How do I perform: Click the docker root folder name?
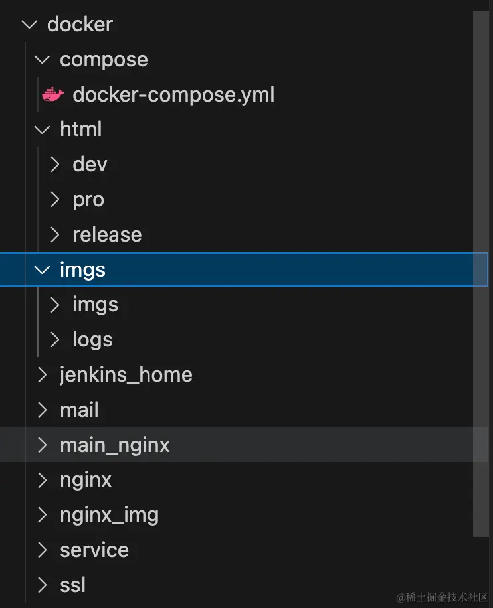point(80,25)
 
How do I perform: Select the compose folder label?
point(104,60)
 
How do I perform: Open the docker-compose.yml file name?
point(173,95)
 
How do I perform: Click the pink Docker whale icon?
point(53,95)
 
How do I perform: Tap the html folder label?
point(80,129)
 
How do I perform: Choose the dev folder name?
point(90,165)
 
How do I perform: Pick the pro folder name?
point(88,200)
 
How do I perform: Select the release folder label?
point(107,235)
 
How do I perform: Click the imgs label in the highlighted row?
point(82,270)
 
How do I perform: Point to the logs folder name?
point(92,340)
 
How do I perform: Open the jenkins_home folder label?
point(126,375)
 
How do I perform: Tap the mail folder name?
point(79,410)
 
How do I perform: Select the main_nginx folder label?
point(114,445)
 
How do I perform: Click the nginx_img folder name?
point(109,515)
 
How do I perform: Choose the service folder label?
point(94,550)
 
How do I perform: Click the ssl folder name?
point(72,585)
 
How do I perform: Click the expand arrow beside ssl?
point(43,585)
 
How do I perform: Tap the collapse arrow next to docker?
point(29,25)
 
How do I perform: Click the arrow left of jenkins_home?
point(43,375)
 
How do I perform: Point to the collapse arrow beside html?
point(43,129)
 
